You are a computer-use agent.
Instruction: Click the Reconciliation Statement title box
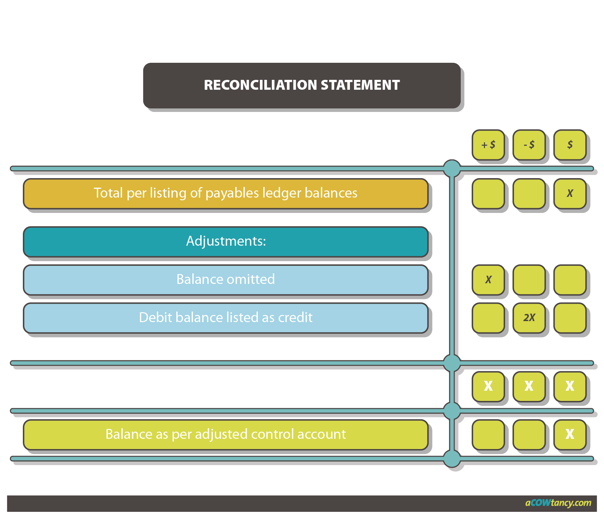point(301,85)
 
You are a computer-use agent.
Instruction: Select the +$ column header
point(488,145)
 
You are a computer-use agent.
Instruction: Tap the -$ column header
point(529,145)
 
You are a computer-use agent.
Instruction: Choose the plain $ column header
point(570,145)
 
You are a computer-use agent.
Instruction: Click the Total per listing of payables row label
point(225,193)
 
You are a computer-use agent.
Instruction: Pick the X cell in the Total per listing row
point(570,193)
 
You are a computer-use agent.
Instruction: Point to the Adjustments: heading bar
point(225,241)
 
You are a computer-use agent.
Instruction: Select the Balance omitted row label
point(225,279)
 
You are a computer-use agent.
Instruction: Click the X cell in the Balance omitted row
point(488,279)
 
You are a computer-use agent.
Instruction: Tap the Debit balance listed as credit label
point(225,318)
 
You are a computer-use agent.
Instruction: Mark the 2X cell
point(529,318)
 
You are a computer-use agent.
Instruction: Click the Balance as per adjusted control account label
point(225,434)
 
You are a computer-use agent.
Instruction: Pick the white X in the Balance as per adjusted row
point(570,434)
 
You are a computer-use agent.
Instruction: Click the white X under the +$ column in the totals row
point(488,386)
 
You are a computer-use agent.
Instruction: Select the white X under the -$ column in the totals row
point(529,386)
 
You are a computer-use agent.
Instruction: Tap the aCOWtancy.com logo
point(558,503)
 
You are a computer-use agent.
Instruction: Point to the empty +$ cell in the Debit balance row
point(488,318)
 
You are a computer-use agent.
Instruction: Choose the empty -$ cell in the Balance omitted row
point(529,279)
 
